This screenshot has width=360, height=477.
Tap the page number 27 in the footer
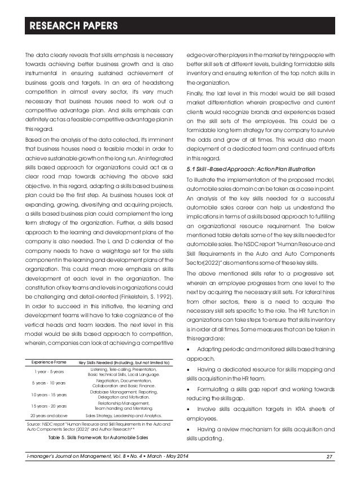click(339, 469)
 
